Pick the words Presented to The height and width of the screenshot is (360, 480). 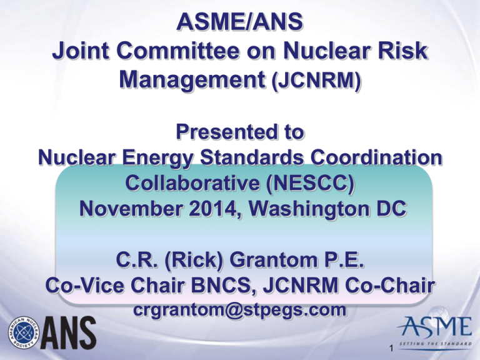click(240, 132)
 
